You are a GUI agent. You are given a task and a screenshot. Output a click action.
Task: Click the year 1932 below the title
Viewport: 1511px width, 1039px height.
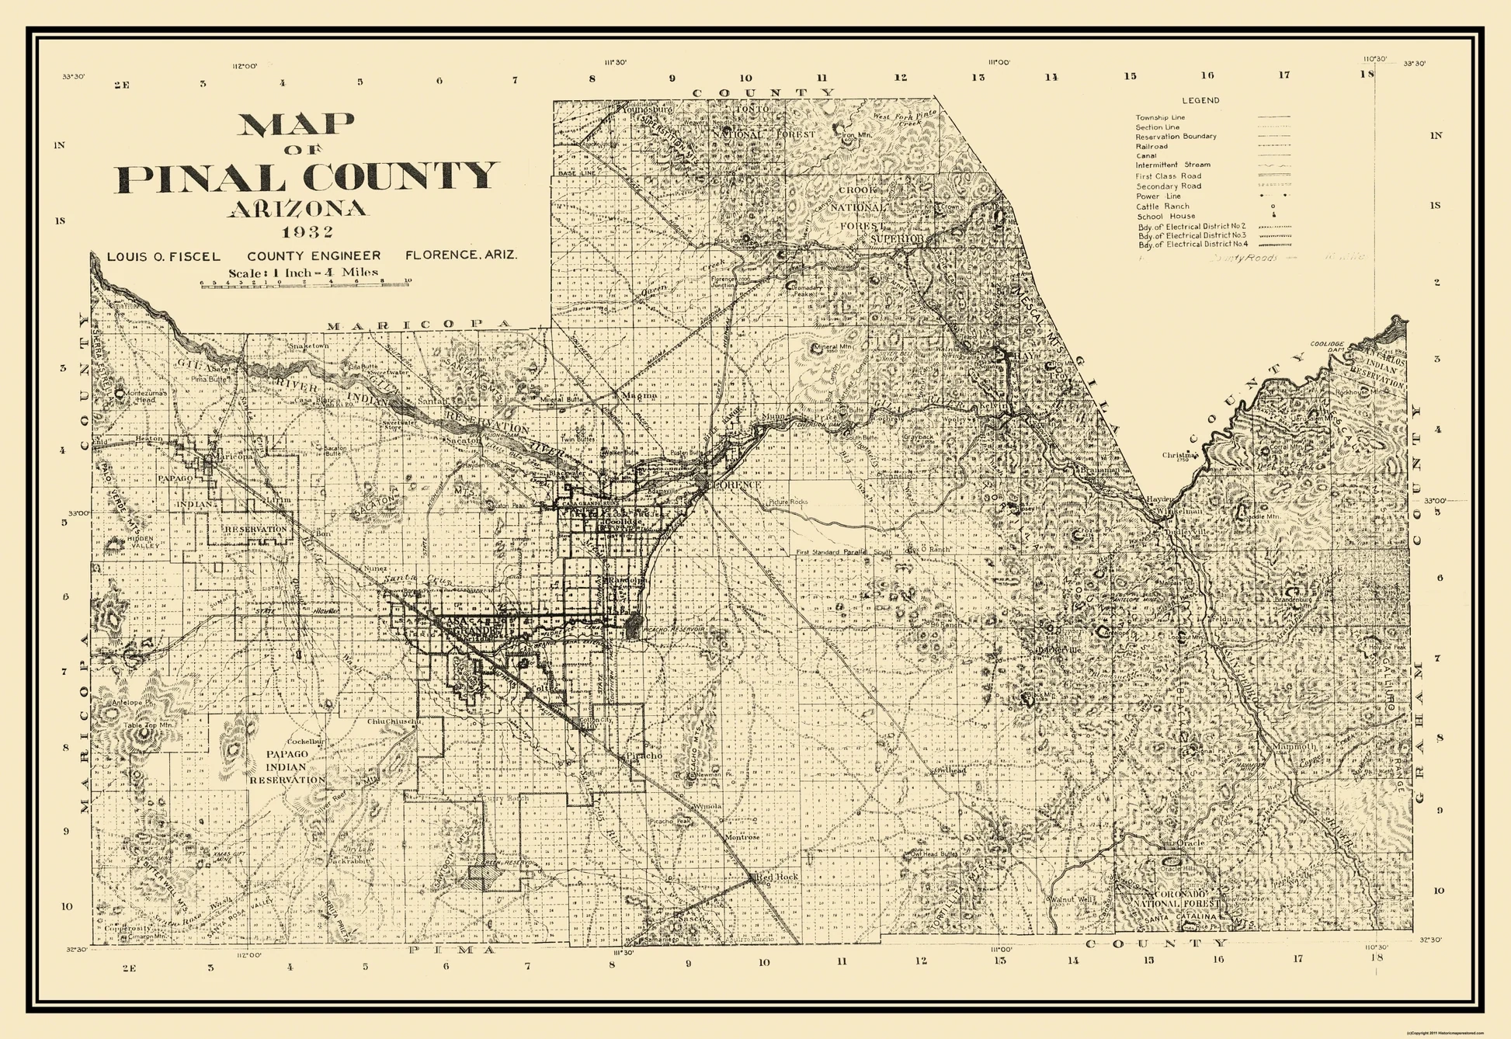click(307, 231)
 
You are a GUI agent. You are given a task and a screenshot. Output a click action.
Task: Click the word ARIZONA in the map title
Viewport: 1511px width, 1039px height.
click(297, 208)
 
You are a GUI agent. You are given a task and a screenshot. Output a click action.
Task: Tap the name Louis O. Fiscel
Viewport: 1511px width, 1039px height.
click(163, 256)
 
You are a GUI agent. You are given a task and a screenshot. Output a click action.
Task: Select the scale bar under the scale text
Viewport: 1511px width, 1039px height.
click(305, 285)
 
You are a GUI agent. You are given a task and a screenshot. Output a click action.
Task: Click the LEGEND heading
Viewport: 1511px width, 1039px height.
click(1200, 100)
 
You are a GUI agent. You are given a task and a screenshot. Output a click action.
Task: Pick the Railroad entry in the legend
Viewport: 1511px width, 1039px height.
click(1151, 146)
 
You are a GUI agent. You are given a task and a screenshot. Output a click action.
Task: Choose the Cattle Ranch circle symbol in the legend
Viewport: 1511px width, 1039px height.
click(1273, 207)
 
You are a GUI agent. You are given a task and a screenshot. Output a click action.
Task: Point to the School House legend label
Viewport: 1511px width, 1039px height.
click(1165, 216)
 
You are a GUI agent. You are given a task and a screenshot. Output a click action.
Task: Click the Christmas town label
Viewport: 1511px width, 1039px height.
click(1180, 455)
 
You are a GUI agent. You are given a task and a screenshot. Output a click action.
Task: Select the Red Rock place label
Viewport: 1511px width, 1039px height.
click(776, 877)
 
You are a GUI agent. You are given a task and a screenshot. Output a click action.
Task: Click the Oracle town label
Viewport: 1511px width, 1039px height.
click(1190, 843)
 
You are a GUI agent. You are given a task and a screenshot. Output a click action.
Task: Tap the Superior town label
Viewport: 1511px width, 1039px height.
click(897, 239)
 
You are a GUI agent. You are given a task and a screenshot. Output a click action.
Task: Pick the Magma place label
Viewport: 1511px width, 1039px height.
click(639, 395)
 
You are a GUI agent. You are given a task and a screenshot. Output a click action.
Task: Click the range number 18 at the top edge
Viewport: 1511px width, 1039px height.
click(1367, 74)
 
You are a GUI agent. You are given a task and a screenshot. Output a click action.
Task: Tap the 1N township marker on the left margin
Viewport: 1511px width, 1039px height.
click(60, 145)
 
